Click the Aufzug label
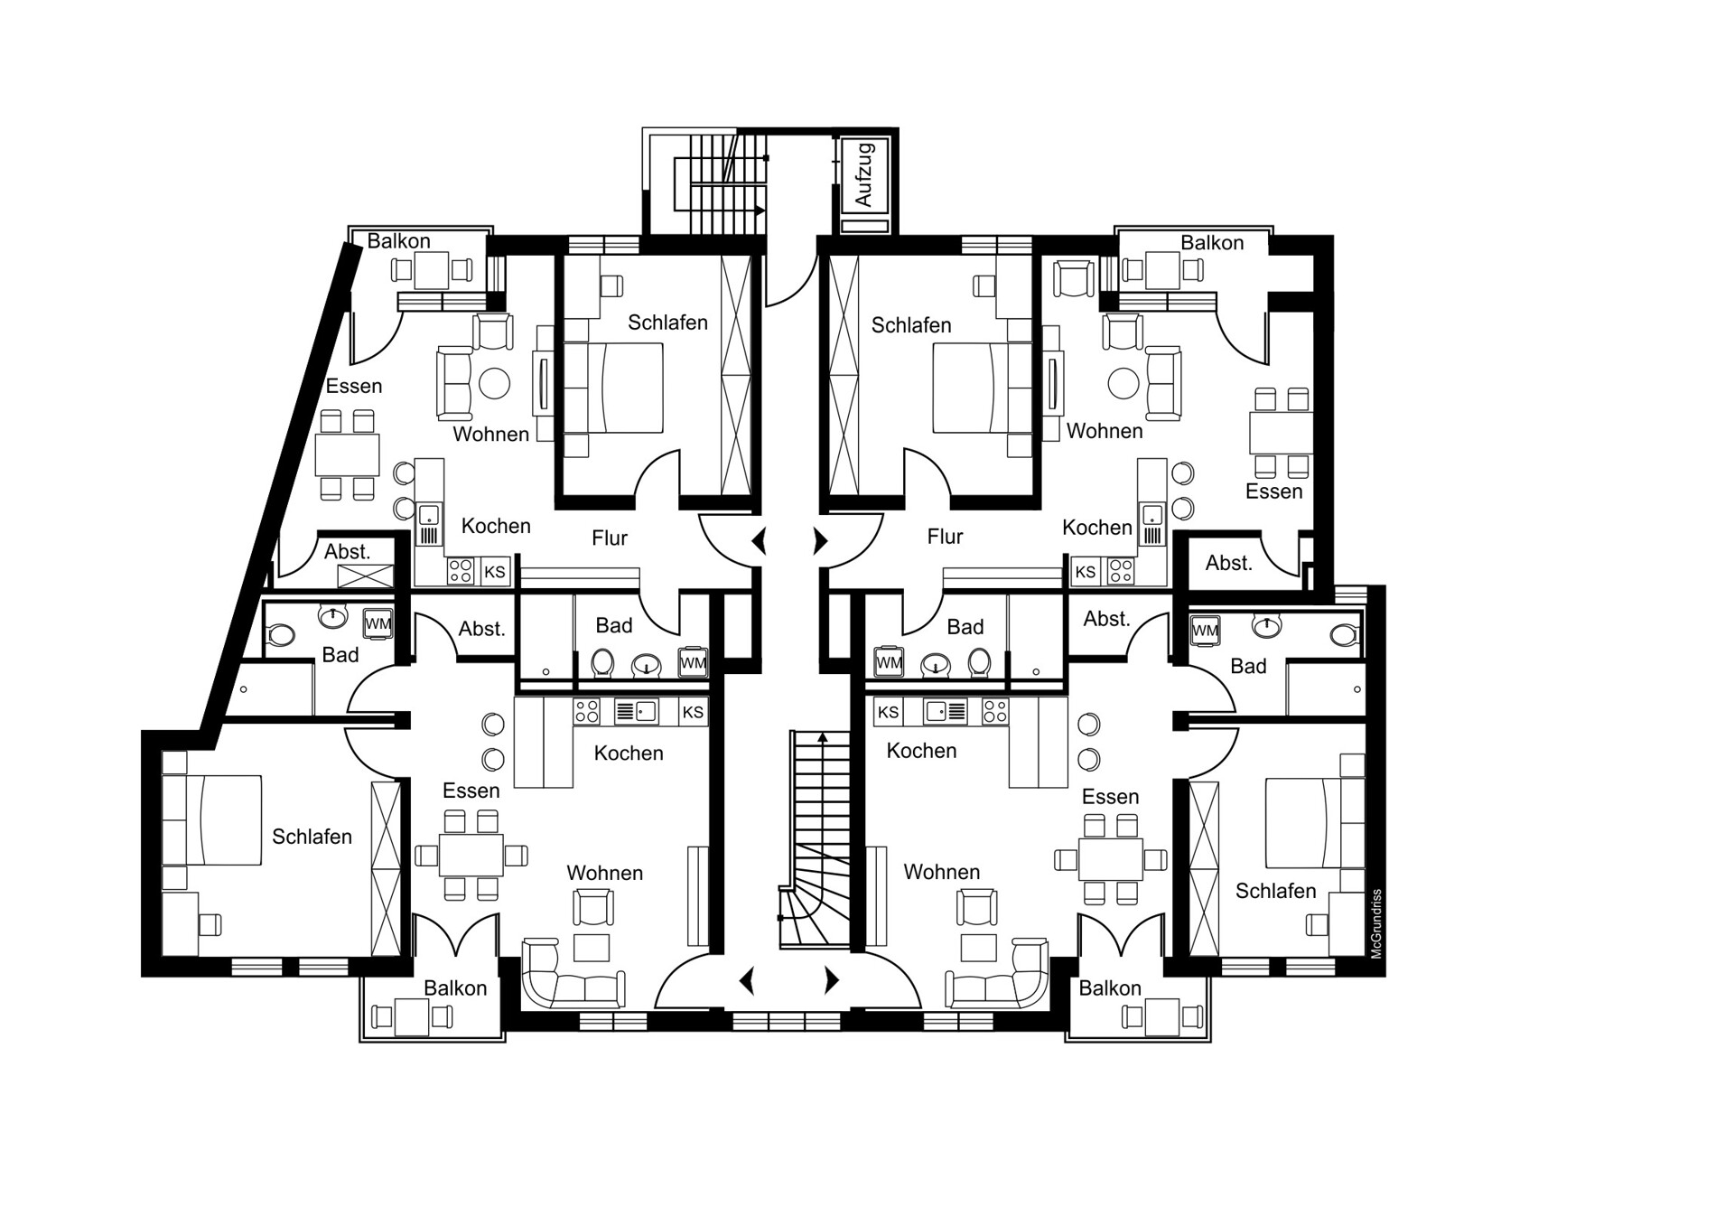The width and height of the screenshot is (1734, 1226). coord(863,174)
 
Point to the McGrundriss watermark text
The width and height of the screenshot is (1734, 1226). coord(1376,924)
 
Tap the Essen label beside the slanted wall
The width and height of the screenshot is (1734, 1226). coord(354,386)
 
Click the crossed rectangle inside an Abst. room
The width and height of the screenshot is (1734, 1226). coord(365,576)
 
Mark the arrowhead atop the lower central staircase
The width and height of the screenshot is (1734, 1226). coord(823,737)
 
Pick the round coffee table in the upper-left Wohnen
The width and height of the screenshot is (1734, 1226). coord(494,383)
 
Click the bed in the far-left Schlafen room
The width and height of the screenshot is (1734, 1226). coord(212,819)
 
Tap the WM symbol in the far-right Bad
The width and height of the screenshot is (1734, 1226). coord(1206,630)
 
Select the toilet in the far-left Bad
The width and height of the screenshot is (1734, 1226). coord(281,635)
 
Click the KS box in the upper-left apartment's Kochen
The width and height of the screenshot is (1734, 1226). coord(495,572)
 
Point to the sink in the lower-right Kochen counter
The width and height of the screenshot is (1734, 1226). coord(946,712)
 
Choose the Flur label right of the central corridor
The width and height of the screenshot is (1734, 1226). coord(945,537)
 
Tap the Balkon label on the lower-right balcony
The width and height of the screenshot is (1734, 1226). coord(1110,988)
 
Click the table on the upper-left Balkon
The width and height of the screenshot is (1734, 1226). coord(432,270)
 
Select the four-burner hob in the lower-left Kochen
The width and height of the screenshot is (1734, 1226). coord(587,712)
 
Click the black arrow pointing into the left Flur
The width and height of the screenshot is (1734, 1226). coord(760,541)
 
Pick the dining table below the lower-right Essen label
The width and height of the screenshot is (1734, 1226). coord(1111,858)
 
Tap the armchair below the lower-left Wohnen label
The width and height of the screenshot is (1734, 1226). coord(593,906)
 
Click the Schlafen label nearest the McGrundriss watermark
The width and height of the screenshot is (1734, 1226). coord(1275,891)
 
